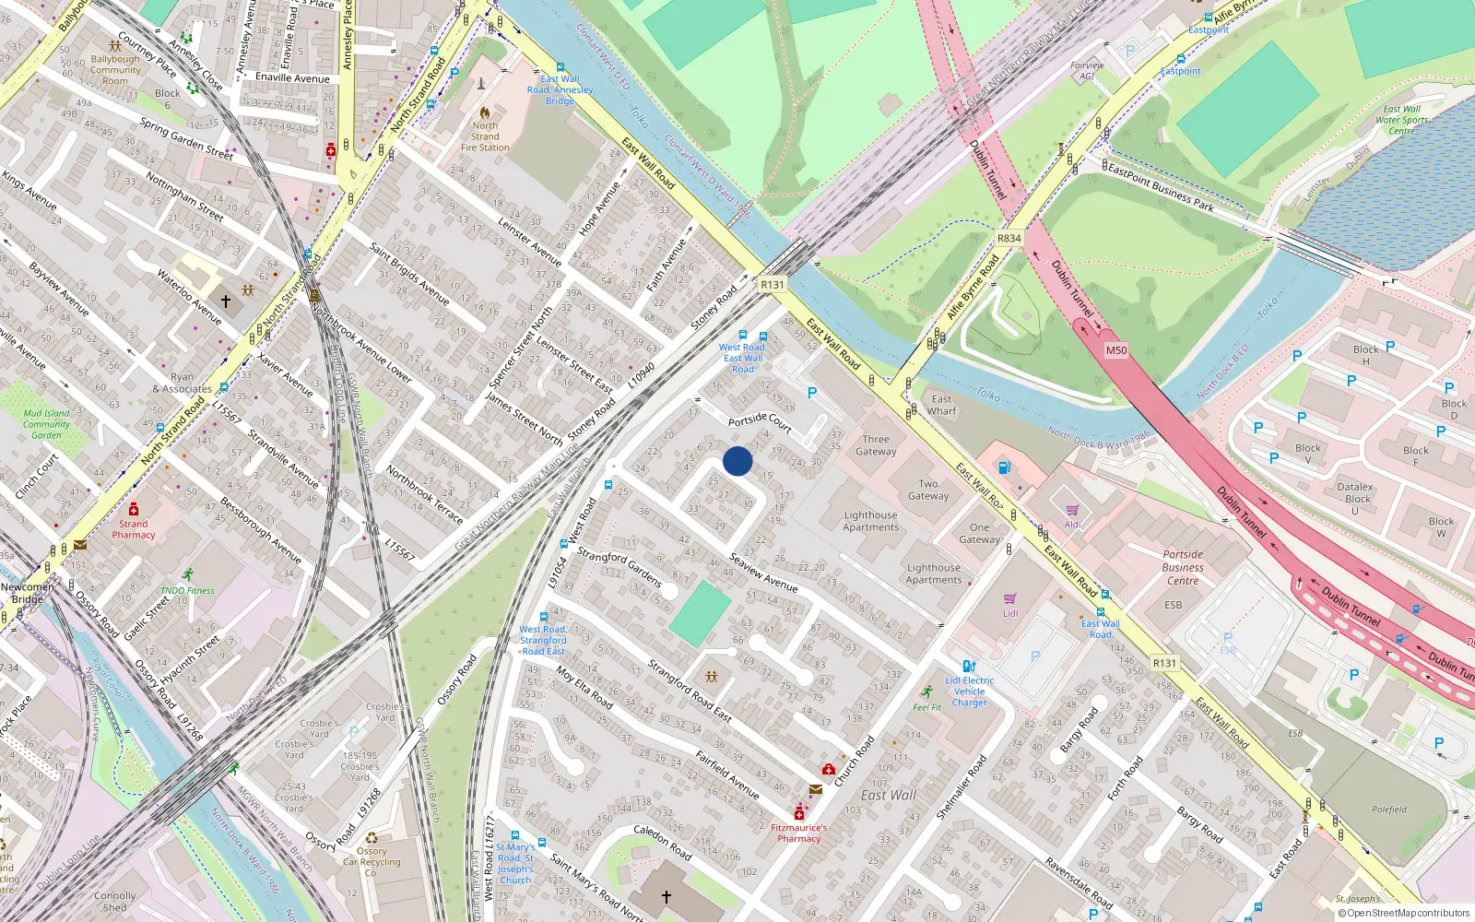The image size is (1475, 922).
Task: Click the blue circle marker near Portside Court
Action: (x=737, y=461)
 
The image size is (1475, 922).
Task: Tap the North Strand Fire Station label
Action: (x=485, y=136)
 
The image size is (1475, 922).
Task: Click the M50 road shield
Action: (x=1116, y=350)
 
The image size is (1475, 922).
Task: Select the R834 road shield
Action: (x=1009, y=238)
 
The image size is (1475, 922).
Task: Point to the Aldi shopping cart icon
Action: (x=1072, y=510)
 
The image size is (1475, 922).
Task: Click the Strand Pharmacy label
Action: (x=134, y=529)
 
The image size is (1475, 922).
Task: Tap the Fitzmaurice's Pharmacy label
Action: (x=798, y=833)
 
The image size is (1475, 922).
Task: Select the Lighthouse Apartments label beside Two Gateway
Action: (x=870, y=522)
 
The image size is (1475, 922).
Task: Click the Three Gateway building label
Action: (x=876, y=445)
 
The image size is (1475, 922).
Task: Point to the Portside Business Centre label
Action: (x=1183, y=568)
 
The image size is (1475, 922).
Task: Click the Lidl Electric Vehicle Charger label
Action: (x=969, y=691)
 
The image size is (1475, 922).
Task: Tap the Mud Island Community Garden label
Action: (x=46, y=424)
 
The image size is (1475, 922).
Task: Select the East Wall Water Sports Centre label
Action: (x=1402, y=120)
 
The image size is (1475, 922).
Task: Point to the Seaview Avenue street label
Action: (x=763, y=573)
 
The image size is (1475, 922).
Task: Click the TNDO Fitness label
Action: (x=187, y=590)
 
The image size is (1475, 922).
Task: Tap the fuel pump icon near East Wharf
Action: (x=1004, y=467)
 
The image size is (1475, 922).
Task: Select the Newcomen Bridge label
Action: (x=28, y=593)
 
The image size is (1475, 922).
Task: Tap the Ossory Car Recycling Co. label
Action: (x=372, y=862)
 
